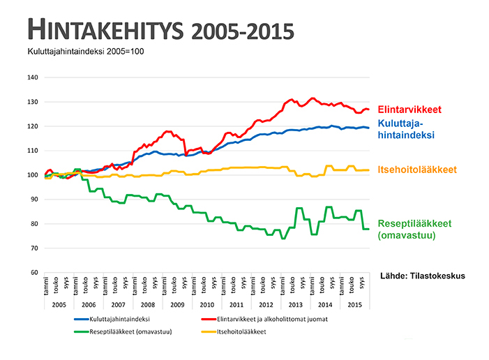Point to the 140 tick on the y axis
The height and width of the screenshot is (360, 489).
[x=32, y=77]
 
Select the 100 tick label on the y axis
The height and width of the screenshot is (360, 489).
[x=32, y=175]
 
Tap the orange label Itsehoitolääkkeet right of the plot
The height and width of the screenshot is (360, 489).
[x=417, y=170]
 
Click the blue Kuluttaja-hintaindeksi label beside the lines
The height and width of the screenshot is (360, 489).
[x=406, y=128]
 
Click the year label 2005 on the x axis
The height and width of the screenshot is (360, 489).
[x=59, y=305]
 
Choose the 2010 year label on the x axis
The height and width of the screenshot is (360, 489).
[x=206, y=305]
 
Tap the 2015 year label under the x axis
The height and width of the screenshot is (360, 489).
[x=354, y=305]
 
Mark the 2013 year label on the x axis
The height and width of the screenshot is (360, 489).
[x=295, y=305]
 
